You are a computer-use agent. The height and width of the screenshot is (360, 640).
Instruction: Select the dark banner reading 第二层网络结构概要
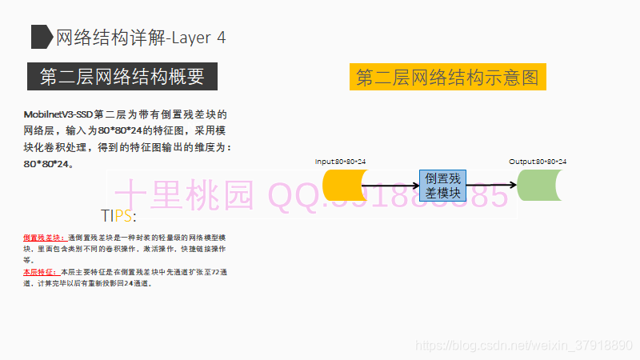click(x=122, y=77)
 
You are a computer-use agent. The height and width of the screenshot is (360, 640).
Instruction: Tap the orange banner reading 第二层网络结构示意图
click(x=447, y=78)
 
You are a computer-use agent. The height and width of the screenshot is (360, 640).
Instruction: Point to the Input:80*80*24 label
click(x=340, y=162)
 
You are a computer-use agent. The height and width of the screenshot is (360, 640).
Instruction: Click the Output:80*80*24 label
click(x=538, y=162)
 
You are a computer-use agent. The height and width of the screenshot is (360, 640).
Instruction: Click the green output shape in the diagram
click(x=541, y=185)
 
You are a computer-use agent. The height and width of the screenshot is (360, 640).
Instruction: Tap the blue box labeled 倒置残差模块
click(x=442, y=185)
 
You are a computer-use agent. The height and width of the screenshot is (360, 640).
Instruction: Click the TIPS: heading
click(x=118, y=216)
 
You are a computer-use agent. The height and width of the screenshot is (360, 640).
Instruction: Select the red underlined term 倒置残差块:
click(x=44, y=238)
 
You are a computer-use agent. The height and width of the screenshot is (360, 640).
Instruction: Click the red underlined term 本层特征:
click(x=40, y=272)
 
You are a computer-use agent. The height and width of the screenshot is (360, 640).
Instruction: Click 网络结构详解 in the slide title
click(x=109, y=37)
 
